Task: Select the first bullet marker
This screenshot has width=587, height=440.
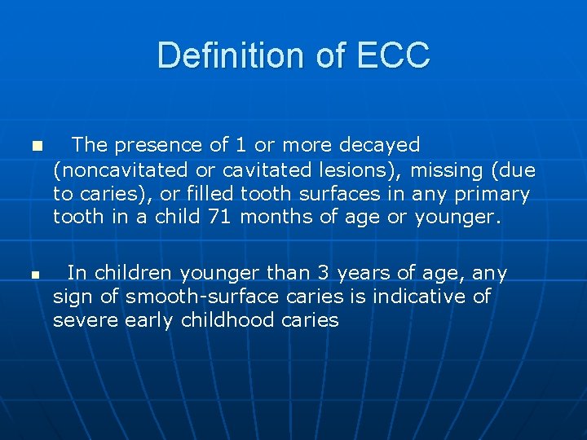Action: [x=35, y=147]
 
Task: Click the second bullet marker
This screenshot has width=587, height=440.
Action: [x=35, y=275]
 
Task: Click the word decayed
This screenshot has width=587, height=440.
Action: [x=379, y=145]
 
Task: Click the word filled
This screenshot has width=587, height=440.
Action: [x=208, y=194]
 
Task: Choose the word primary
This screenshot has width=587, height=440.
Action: [x=492, y=194]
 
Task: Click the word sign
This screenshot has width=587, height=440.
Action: [x=70, y=297]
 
